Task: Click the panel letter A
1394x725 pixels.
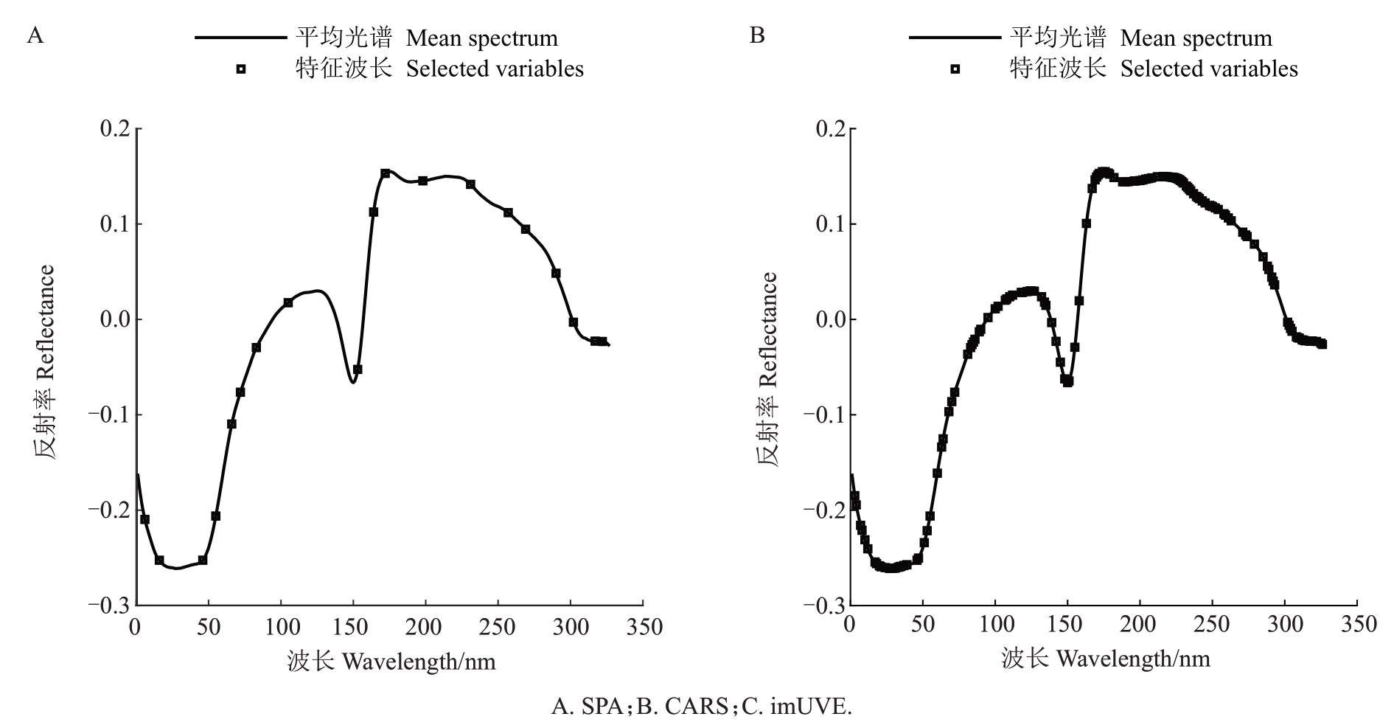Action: pos(35,35)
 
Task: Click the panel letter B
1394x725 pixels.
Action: pos(756,35)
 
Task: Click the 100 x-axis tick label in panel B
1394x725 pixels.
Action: pos(994,625)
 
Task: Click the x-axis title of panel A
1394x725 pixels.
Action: pos(391,662)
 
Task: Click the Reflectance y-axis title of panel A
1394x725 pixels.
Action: pos(45,361)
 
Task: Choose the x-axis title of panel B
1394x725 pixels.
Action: pos(1106,659)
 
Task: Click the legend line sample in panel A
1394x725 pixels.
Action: pos(240,38)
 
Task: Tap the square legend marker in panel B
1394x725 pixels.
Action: pos(955,69)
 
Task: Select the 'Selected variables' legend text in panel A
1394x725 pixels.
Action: pos(495,69)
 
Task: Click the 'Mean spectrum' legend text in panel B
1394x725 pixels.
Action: pos(1196,38)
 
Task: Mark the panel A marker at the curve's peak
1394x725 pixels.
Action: pos(385,173)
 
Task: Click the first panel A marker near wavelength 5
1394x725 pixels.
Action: pos(144,519)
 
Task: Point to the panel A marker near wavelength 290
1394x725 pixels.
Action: pos(556,273)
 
